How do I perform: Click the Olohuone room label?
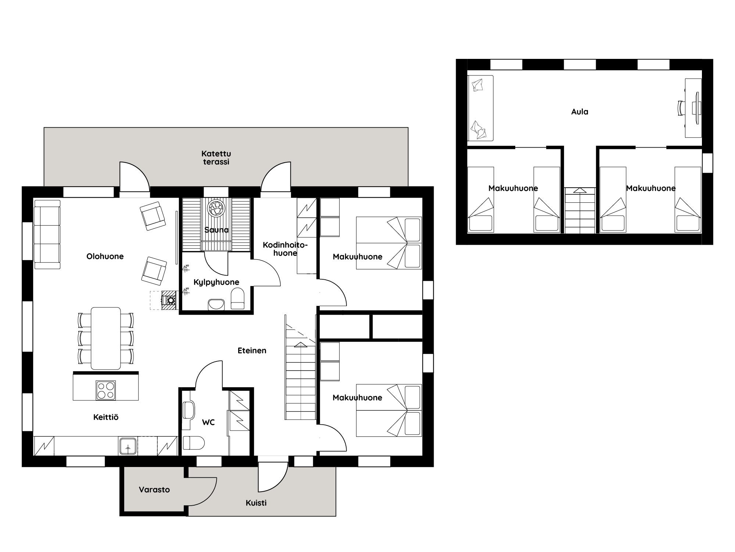pyautogui.click(x=105, y=256)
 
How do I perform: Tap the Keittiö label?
pyautogui.click(x=106, y=417)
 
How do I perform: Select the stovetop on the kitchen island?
pyautogui.click(x=106, y=390)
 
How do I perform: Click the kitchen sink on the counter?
pyautogui.click(x=128, y=446)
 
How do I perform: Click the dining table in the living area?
pyautogui.click(x=106, y=338)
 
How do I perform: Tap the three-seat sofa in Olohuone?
pyautogui.click(x=47, y=234)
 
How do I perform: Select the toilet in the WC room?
pyautogui.click(x=193, y=443)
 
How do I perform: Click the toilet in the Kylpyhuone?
pyautogui.click(x=237, y=298)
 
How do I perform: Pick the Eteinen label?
pyautogui.click(x=252, y=351)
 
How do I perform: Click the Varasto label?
pyautogui.click(x=154, y=490)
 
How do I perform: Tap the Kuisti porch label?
pyautogui.click(x=256, y=503)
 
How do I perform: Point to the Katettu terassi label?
pyautogui.click(x=216, y=158)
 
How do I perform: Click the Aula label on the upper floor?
pyautogui.click(x=580, y=112)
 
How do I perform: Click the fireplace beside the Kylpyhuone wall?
pyautogui.click(x=169, y=300)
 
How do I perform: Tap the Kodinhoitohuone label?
pyautogui.click(x=285, y=249)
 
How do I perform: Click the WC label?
pyautogui.click(x=208, y=422)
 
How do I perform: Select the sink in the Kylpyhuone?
pyautogui.click(x=216, y=305)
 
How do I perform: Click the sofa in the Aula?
pyautogui.click(x=480, y=108)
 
